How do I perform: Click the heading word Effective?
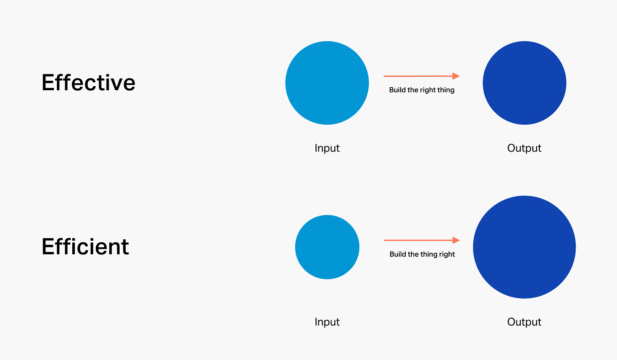88,82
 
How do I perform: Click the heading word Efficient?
85,246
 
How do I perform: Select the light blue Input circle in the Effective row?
327,83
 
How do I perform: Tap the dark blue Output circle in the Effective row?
524,83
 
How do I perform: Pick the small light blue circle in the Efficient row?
327,247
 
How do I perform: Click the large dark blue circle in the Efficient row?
524,247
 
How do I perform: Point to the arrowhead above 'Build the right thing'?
456,76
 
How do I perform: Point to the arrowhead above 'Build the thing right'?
456,240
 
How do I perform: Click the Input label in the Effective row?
327,148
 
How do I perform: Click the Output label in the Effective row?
524,148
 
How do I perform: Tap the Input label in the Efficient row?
327,322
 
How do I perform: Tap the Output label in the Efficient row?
524,322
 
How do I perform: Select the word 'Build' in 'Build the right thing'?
397,90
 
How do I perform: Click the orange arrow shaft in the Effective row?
418,76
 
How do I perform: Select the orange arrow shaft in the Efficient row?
418,240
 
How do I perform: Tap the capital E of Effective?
47,82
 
